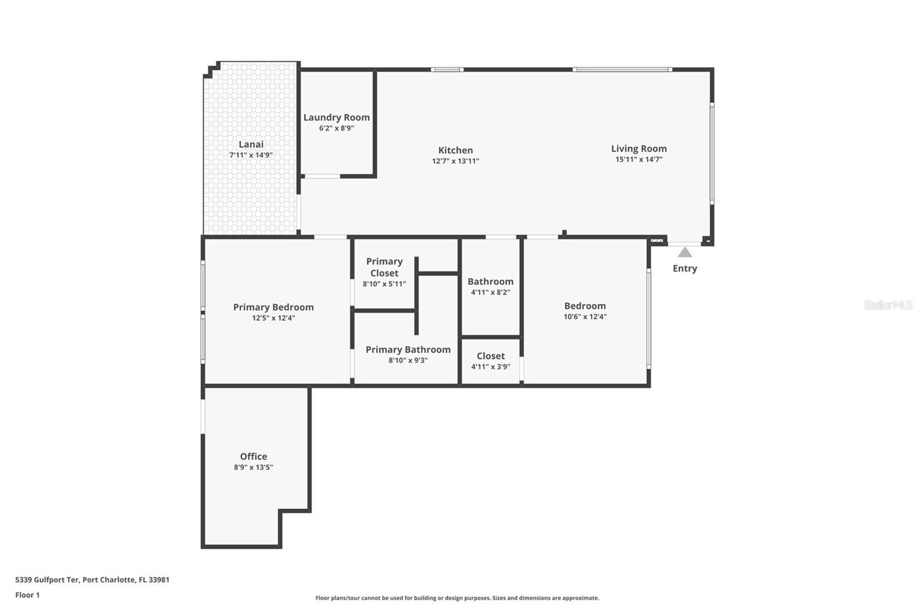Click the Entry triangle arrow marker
tap(685, 252)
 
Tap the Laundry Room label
tap(336, 117)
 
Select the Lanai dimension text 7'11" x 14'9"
tap(250, 155)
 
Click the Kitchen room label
tap(455, 150)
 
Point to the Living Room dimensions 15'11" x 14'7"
tap(639, 160)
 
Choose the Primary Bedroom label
tap(273, 307)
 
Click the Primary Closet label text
tap(384, 267)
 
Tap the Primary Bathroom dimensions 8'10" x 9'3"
tap(408, 361)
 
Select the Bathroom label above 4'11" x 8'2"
tap(490, 282)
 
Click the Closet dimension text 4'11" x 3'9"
tap(490, 367)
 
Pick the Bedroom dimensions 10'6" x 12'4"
tap(584, 316)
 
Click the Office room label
tap(253, 457)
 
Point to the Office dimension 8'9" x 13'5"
tap(253, 468)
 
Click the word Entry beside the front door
tap(685, 268)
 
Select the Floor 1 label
tap(27, 595)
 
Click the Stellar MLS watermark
tap(888, 305)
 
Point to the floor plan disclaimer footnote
tap(457, 598)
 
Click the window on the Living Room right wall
tap(712, 153)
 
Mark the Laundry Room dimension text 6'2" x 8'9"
tap(336, 128)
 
